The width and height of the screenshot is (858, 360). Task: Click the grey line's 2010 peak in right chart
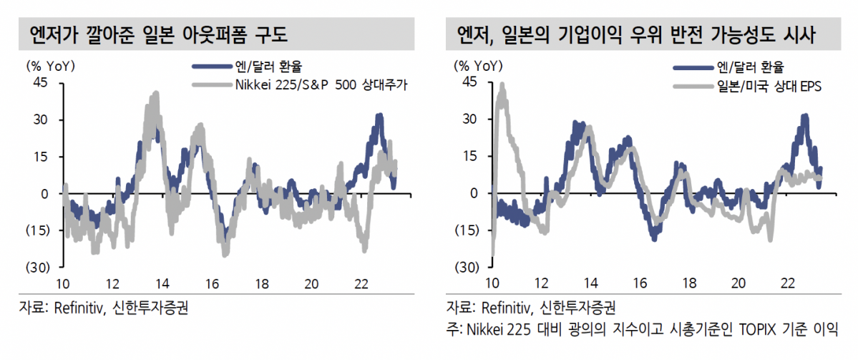[502, 85]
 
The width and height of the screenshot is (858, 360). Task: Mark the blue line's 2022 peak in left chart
[379, 115]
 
